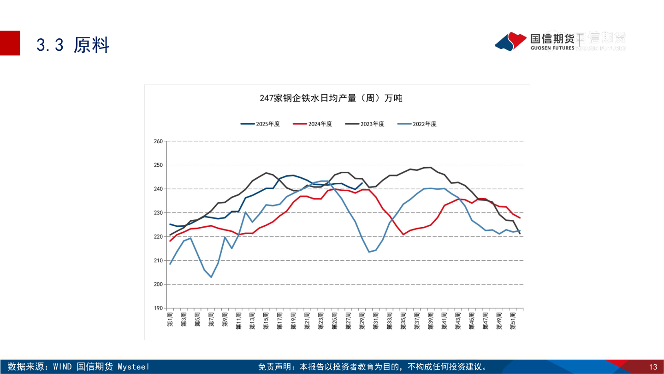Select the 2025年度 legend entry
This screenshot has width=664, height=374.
coord(261,124)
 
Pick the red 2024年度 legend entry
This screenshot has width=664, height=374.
coord(313,124)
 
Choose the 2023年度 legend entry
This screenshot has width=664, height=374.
coord(365,124)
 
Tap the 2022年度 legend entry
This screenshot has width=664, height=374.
coord(417,124)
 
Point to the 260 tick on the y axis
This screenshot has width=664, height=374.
coord(158,141)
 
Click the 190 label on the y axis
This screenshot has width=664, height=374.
coord(158,308)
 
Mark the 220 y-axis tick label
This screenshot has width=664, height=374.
coord(158,237)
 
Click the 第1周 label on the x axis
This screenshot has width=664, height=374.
coord(170,319)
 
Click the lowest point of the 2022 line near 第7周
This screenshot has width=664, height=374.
coord(211,277)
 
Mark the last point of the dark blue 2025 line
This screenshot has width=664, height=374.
coord(362,183)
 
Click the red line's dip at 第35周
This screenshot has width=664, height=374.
coord(403,234)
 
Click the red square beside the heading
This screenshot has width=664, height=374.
coord(10,43)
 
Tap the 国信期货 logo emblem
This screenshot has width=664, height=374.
coord(510,42)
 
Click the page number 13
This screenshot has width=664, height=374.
coord(653,367)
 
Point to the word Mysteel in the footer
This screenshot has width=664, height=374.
coord(134,367)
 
